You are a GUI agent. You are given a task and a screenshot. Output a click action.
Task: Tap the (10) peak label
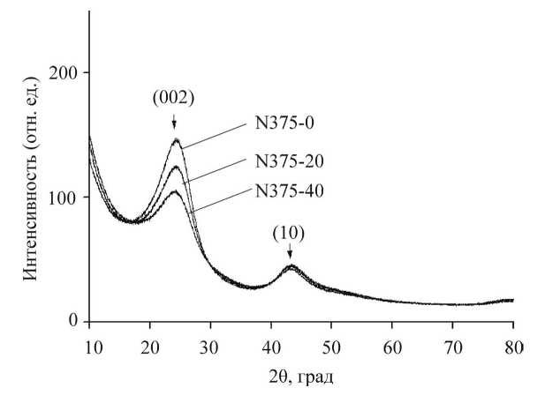pos(289,235)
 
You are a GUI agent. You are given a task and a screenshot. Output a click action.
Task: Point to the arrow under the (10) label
pos(289,255)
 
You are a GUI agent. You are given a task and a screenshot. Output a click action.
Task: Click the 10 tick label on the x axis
pos(89,345)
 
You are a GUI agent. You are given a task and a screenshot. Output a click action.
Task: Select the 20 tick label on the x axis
pos(150,345)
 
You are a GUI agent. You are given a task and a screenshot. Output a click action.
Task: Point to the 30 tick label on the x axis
pos(210,345)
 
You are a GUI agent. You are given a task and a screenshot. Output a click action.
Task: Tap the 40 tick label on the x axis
pos(270,345)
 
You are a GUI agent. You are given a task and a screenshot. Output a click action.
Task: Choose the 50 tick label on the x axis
pos(331,345)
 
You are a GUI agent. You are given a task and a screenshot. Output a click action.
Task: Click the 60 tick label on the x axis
pos(391,345)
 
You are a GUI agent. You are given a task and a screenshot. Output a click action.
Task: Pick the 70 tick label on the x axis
pos(451,345)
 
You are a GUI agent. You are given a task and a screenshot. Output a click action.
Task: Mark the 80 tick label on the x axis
pos(512,345)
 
